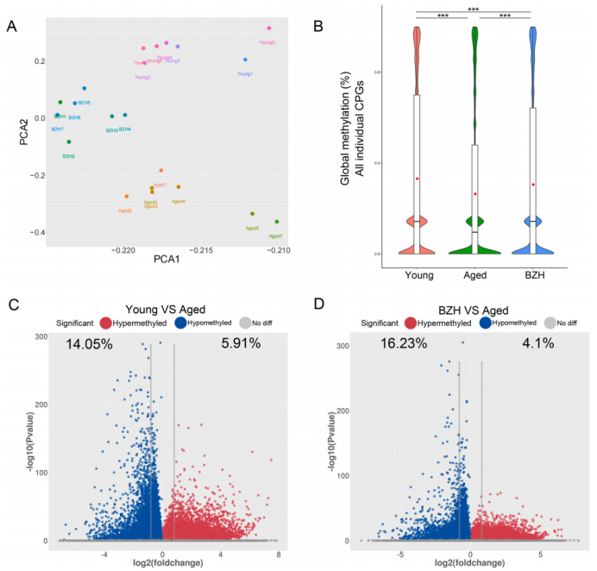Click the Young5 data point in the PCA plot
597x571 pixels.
tap(269, 28)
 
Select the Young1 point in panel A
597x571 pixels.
tap(246, 60)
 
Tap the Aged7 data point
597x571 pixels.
tap(277, 222)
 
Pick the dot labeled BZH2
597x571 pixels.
tap(69, 142)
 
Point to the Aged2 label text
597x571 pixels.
tap(124, 210)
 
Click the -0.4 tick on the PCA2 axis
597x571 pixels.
tap(33, 233)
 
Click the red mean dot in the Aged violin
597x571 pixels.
tap(475, 194)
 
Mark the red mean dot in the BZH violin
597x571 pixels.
tap(533, 185)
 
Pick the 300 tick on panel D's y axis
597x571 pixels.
tap(342, 345)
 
